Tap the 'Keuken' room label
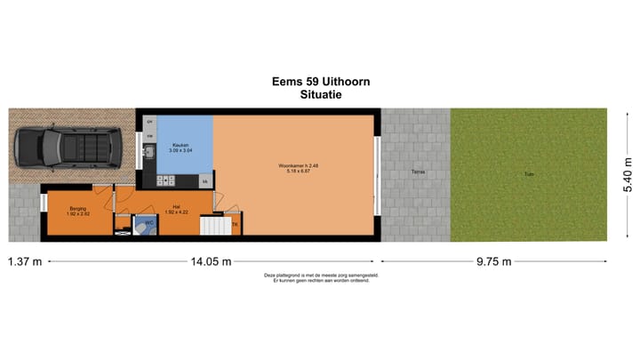tap(180, 144)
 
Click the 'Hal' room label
tap(178, 209)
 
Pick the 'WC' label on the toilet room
tap(149, 222)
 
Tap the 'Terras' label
tap(416, 172)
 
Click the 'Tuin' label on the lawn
tap(528, 172)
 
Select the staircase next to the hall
tap(214, 226)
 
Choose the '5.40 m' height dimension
tap(628, 175)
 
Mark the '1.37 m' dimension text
tap(26, 261)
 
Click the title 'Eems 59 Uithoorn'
tap(321, 81)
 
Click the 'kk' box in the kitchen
tap(204, 181)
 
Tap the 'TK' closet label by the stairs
tap(235, 225)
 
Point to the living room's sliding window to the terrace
tap(378, 175)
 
